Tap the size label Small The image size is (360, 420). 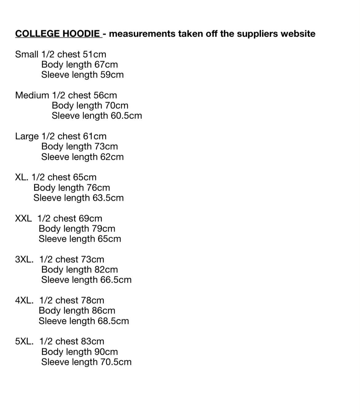coord(27,54)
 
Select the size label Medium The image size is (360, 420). coord(32,95)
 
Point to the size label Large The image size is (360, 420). coord(27,136)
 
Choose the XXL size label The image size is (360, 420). coord(23,218)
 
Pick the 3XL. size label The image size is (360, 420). coord(24,259)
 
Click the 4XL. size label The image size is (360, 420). coord(24,300)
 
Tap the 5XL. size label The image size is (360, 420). coord(24,341)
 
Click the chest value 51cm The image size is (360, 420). coord(94,54)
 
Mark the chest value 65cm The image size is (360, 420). coord(85,177)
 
